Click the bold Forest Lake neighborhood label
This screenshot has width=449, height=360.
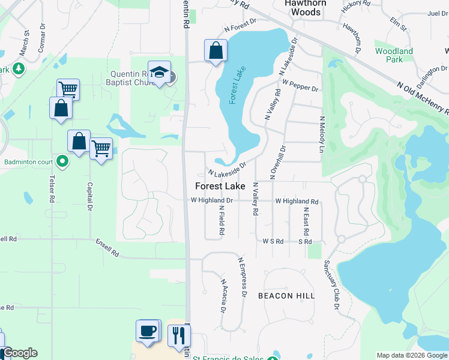[x=220, y=186]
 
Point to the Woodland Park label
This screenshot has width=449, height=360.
[x=394, y=55]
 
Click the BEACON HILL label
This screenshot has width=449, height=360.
[x=286, y=296]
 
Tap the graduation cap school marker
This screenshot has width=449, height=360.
[x=160, y=73]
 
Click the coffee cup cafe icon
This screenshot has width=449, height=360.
[x=148, y=331]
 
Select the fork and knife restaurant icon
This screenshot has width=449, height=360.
[x=178, y=335]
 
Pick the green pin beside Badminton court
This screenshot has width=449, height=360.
[x=62, y=161]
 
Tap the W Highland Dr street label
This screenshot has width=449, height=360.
[x=211, y=200]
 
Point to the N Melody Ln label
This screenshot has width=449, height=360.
[x=322, y=134]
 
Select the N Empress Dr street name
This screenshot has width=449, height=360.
[x=243, y=277]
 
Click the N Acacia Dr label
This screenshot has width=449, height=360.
[x=223, y=296]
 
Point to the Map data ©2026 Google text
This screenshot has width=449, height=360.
[x=411, y=355]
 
